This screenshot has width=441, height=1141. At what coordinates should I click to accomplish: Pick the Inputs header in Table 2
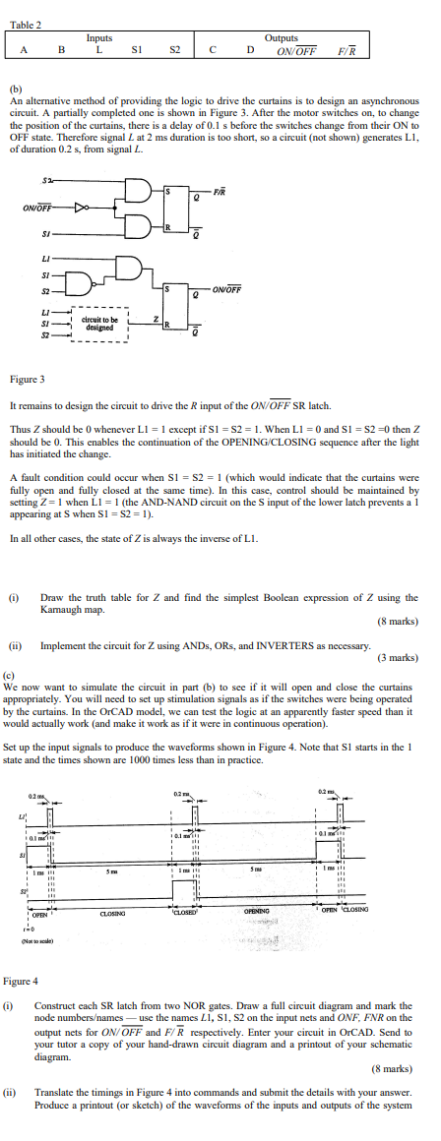coord(98,38)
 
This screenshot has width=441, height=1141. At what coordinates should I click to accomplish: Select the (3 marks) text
coord(398,656)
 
